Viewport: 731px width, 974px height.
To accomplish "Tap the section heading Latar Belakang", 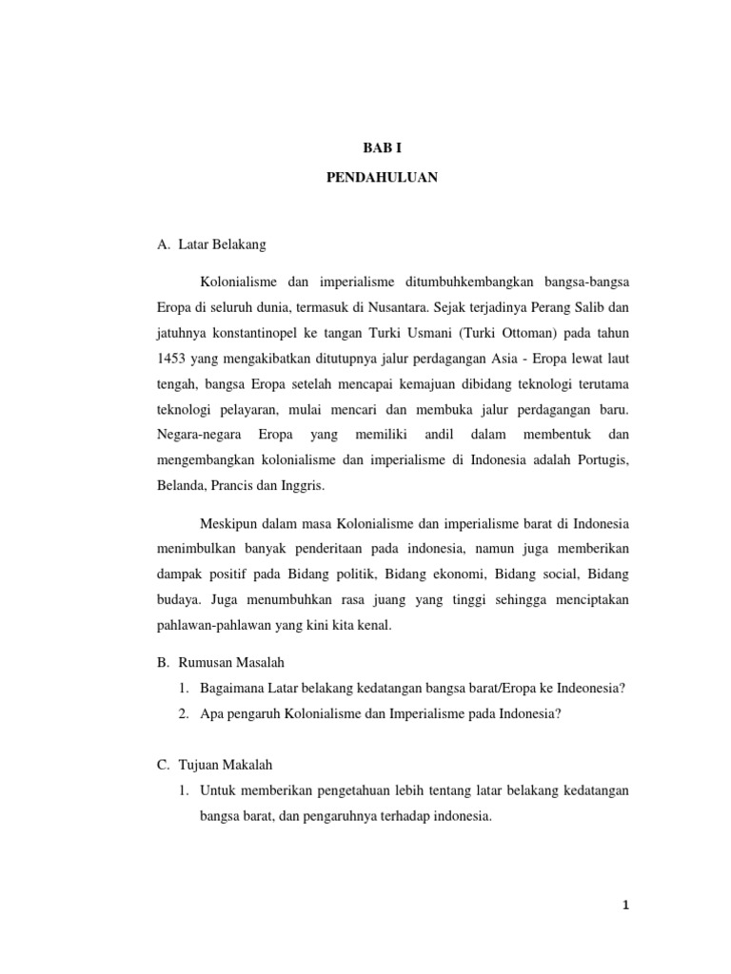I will coord(221,244).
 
